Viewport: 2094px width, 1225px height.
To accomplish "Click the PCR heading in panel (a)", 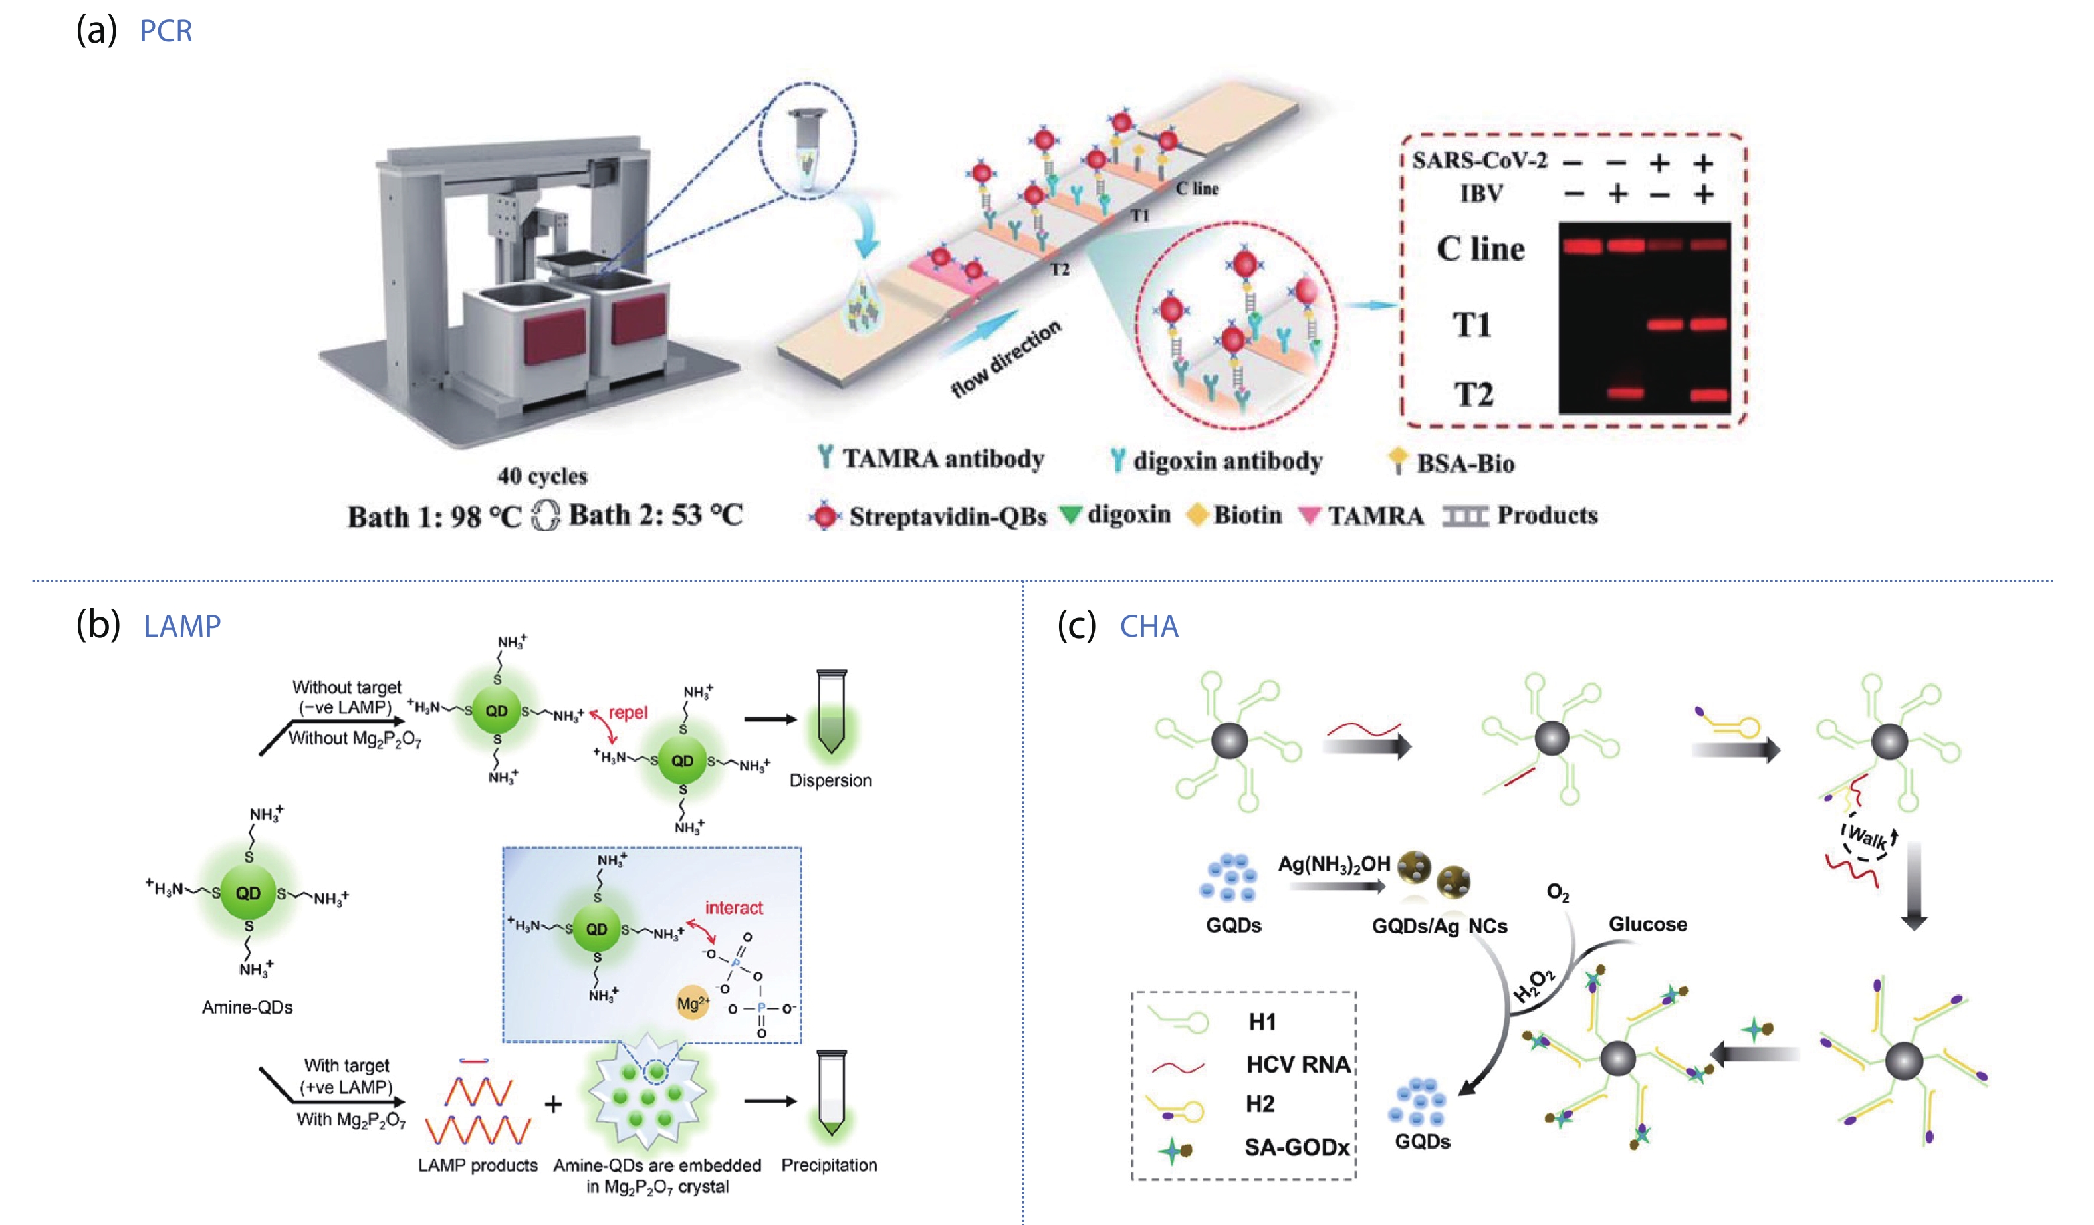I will click(x=166, y=31).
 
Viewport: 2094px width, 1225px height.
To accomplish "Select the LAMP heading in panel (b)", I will click(x=182, y=626).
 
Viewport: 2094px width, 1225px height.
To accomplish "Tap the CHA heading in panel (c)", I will click(x=1149, y=627).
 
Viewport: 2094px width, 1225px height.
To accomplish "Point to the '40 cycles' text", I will click(x=542, y=476).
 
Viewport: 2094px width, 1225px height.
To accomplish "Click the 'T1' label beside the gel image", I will click(x=1472, y=324).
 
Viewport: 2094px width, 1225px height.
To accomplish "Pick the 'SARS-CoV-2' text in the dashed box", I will click(x=1479, y=160).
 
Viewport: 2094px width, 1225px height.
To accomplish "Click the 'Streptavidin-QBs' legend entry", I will click(x=947, y=517).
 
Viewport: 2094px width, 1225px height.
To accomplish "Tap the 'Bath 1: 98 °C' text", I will click(x=433, y=517).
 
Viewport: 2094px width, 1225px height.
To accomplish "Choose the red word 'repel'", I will click(x=628, y=713).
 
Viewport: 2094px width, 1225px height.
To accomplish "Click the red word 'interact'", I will click(x=734, y=907).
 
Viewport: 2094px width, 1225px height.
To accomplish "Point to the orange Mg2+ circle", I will click(x=692, y=1003).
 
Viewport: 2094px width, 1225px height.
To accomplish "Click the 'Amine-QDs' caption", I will click(x=247, y=1007).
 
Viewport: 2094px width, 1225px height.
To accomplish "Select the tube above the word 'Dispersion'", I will click(x=831, y=713).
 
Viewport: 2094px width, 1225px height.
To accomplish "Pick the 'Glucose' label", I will click(x=1647, y=924).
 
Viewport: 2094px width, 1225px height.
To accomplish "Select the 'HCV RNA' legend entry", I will click(x=1297, y=1065).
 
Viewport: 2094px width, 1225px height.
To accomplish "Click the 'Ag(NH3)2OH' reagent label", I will click(x=1334, y=864).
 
